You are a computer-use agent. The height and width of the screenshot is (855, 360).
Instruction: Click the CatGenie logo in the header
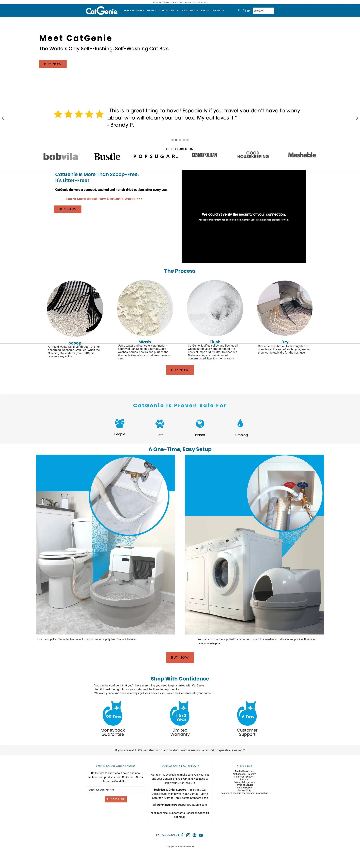point(102,11)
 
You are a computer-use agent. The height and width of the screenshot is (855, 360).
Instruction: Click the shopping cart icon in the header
point(244,11)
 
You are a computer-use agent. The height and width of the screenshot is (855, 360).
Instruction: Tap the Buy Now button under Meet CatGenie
point(53,64)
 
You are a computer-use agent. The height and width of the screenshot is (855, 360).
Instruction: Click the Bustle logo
point(107,157)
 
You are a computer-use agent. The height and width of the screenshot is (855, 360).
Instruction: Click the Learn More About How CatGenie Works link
point(104,199)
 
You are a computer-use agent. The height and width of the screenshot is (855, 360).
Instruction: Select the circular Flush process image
point(215,308)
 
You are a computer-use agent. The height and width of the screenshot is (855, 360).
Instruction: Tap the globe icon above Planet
point(200,424)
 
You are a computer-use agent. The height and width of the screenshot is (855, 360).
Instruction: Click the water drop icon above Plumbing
point(240,423)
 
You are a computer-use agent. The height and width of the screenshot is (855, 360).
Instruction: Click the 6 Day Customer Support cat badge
point(247,714)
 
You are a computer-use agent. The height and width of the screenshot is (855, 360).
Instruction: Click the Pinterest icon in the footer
point(194,835)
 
